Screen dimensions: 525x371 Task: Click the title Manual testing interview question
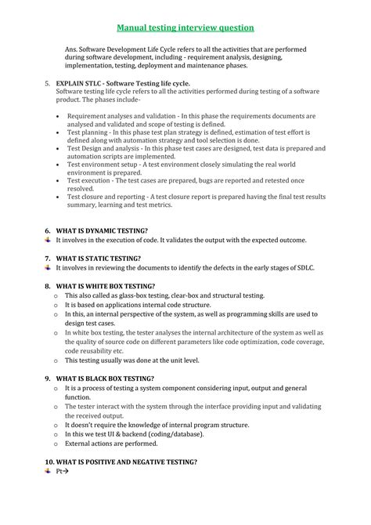coord(185,27)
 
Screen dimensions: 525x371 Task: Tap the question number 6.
coord(47,230)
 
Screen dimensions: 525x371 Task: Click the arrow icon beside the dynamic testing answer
coord(48,240)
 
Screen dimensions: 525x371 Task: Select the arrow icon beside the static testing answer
coord(48,267)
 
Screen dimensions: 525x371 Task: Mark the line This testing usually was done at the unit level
coord(131,360)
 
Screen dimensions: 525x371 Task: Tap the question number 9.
coord(47,378)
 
